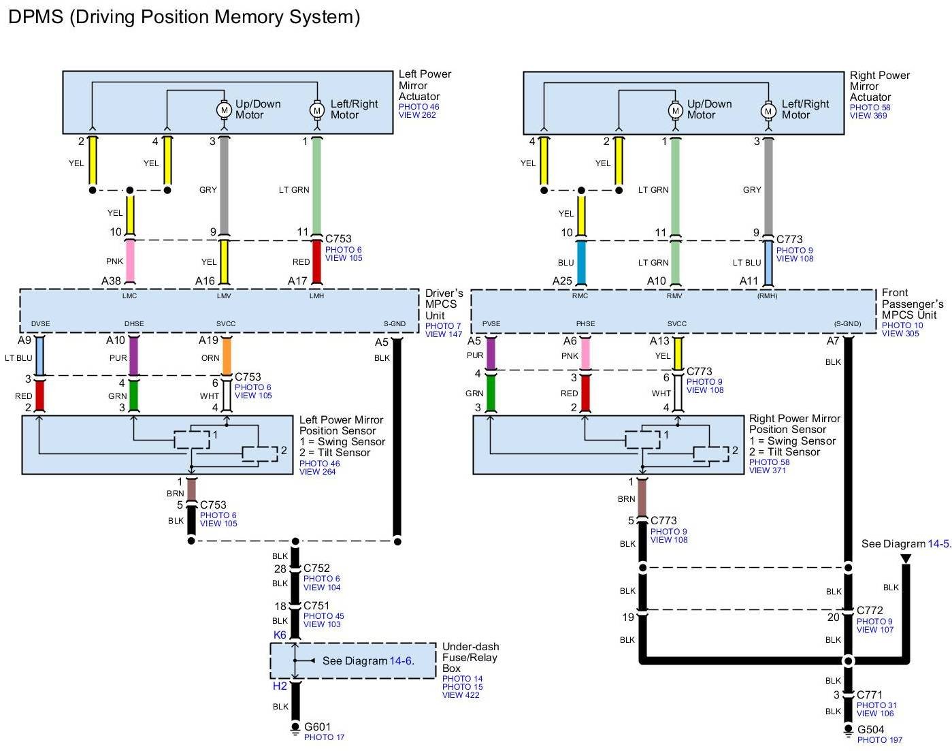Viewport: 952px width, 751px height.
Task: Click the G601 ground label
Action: tap(317, 726)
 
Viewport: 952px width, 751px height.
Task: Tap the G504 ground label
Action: tap(870, 729)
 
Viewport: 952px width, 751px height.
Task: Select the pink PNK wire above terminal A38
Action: tap(130, 261)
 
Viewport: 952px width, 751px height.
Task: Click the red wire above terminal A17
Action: tap(316, 261)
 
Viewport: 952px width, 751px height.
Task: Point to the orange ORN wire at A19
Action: tap(227, 356)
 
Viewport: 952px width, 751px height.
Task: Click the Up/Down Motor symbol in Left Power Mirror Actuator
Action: tap(224, 109)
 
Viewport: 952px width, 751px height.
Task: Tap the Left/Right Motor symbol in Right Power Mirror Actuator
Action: tap(768, 110)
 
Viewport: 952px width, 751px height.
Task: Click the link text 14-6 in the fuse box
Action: tap(400, 660)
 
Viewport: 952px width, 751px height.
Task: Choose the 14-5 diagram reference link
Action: tap(938, 543)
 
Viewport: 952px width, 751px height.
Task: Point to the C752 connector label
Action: tap(316, 568)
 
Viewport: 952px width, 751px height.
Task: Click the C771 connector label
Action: tap(870, 695)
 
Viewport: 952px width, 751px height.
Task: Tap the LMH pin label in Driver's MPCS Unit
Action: tap(316, 295)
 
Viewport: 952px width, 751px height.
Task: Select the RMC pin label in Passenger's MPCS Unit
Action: tap(580, 295)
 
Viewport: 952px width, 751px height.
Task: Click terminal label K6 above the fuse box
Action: tap(280, 635)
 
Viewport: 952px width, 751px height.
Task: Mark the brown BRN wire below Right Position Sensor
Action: tap(642, 498)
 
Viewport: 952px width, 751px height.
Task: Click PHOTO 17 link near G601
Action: tap(324, 737)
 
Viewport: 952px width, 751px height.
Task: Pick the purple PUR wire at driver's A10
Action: tap(133, 356)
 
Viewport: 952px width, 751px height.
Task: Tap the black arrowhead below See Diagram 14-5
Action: tap(905, 559)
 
